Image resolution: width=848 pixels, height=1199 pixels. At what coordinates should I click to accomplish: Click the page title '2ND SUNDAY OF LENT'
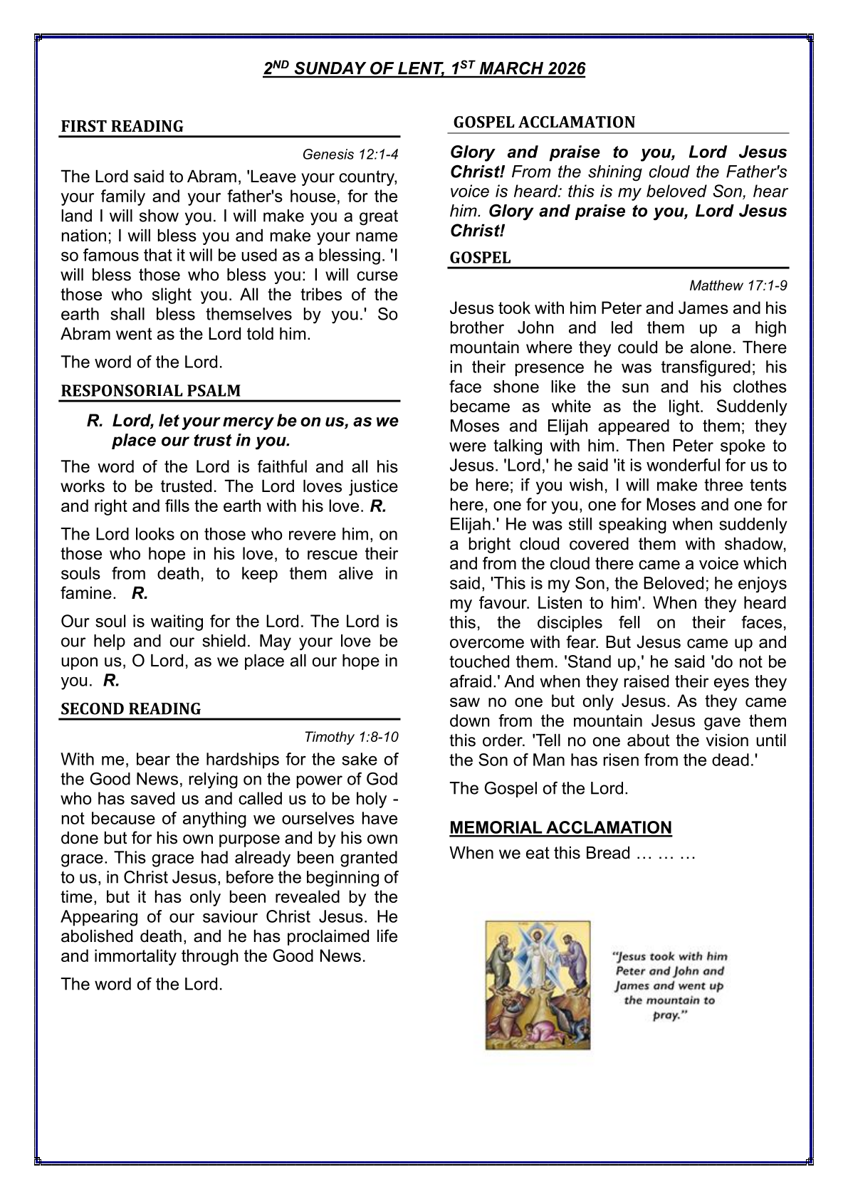point(424,68)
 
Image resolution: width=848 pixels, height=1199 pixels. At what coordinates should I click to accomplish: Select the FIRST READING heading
point(122,127)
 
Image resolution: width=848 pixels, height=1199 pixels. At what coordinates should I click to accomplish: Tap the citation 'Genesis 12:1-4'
point(350,155)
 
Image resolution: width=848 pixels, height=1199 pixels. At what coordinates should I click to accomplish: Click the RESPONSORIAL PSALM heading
point(150,391)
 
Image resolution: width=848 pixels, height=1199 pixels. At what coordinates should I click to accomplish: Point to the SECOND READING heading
point(130,709)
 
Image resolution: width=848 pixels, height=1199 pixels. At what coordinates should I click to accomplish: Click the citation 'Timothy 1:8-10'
point(351,737)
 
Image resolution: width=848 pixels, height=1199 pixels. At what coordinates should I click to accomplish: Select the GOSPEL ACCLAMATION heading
point(544,122)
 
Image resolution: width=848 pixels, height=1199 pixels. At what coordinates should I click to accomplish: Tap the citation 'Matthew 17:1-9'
point(738,286)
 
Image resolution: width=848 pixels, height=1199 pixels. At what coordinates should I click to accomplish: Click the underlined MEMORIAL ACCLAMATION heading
point(560,828)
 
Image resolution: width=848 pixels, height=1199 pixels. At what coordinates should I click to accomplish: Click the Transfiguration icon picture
point(538,985)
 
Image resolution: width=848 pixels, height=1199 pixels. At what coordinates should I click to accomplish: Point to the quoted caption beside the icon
point(669,985)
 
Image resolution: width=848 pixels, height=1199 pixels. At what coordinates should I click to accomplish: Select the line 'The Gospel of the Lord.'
point(538,789)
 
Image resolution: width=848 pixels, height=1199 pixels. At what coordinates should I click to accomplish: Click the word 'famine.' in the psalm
point(88,593)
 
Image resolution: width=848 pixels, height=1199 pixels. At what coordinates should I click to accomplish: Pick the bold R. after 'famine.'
point(140,593)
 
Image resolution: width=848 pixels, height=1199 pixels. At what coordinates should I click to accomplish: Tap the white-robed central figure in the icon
point(538,954)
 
